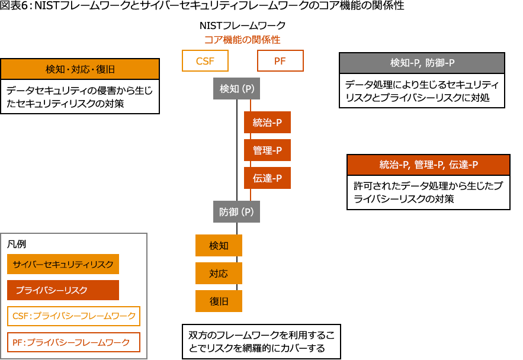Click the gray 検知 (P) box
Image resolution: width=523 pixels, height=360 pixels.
pyautogui.click(x=236, y=89)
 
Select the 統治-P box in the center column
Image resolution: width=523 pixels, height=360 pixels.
pyautogui.click(x=267, y=123)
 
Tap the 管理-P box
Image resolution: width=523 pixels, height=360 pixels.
pyautogui.click(x=267, y=150)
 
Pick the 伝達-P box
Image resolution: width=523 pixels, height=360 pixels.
pyautogui.click(x=267, y=178)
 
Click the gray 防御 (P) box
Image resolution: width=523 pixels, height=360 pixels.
pyautogui.click(x=236, y=211)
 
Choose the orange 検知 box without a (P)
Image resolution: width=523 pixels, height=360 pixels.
pyautogui.click(x=219, y=245)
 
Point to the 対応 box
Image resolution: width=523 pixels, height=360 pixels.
pyautogui.click(x=219, y=273)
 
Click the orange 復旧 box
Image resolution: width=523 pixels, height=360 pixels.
pyautogui.click(x=219, y=301)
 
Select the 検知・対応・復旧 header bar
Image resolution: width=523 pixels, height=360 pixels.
pyautogui.click(x=80, y=69)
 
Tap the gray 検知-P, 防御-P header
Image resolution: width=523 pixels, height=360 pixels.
pyautogui.click(x=422, y=63)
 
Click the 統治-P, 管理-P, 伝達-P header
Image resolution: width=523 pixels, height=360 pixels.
pyautogui.click(x=428, y=165)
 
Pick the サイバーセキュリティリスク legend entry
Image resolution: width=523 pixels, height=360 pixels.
pyautogui.click(x=63, y=264)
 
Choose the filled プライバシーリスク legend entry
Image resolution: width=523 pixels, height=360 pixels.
pyautogui.click(x=63, y=290)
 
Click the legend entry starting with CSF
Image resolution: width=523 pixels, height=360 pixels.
pyautogui.click(x=73, y=316)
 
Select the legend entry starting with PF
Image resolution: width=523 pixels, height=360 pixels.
pyautogui.click(x=73, y=342)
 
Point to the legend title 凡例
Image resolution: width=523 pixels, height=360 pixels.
pyautogui.click(x=17, y=244)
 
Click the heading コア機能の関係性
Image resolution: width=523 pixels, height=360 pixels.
pyautogui.click(x=242, y=40)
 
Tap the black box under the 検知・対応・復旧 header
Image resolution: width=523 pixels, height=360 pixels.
pyautogui.click(x=80, y=97)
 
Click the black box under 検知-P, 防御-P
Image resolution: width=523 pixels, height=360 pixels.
pyautogui.click(x=422, y=91)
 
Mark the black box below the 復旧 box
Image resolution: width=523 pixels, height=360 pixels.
pyautogui.click(x=261, y=341)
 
